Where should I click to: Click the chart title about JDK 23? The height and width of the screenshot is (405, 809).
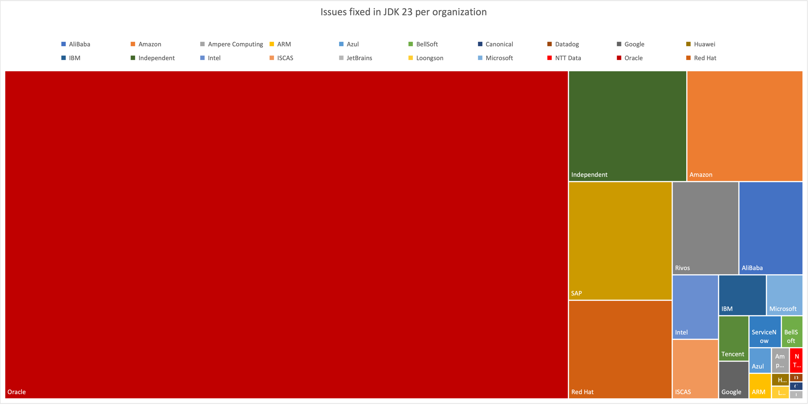403,12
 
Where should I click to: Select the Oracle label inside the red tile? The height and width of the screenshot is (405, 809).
17,392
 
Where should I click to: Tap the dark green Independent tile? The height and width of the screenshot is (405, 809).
627,126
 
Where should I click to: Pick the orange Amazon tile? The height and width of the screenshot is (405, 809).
744,126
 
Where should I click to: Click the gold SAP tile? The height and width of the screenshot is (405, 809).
620,241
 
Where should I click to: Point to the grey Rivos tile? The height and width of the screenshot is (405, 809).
705,228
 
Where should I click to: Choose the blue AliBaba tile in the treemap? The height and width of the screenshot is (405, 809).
771,228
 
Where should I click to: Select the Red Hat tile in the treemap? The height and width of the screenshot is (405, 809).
620,349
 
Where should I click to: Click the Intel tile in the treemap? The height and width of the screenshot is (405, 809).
695,307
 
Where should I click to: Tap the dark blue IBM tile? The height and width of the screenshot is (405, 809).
742,295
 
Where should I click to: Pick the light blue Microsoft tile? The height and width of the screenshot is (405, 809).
784,295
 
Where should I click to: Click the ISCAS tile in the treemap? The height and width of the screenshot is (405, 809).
695,368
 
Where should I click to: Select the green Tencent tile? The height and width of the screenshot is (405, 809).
733,338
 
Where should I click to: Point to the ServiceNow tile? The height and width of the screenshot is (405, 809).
765,331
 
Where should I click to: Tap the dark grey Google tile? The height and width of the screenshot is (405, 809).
733,380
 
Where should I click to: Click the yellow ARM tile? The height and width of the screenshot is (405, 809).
760,385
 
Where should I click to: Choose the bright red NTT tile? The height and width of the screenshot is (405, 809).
796,360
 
